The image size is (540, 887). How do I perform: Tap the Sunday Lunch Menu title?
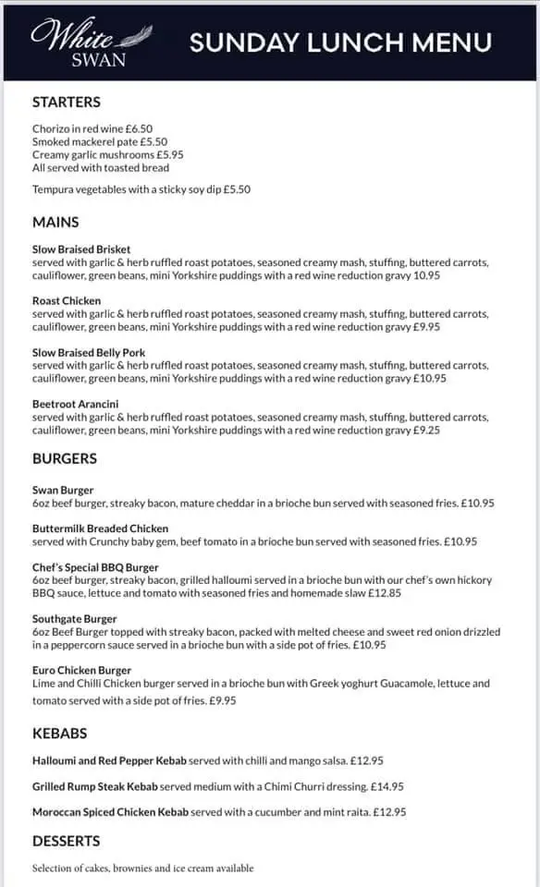pyautogui.click(x=339, y=43)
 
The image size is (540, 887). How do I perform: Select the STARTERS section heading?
pyautogui.click(x=67, y=103)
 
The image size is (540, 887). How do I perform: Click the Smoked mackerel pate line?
pyautogui.click(x=100, y=142)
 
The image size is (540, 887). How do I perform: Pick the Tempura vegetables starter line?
pyautogui.click(x=141, y=189)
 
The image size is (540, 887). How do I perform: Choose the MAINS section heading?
pyautogui.click(x=55, y=222)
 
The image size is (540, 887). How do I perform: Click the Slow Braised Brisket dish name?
pyautogui.click(x=81, y=249)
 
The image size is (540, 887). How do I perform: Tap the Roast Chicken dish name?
pyautogui.click(x=67, y=301)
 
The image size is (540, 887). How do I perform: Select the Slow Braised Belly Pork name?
pyautogui.click(x=89, y=353)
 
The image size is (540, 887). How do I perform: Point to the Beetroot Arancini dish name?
pyautogui.click(x=75, y=405)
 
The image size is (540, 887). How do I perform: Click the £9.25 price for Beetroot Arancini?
pyautogui.click(x=426, y=431)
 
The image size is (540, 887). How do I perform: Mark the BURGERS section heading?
pyautogui.click(x=65, y=458)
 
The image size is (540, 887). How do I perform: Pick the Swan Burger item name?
pyautogui.click(x=63, y=490)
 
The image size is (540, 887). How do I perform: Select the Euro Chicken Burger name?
pyautogui.click(x=81, y=671)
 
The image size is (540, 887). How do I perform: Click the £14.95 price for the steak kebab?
pyautogui.click(x=386, y=787)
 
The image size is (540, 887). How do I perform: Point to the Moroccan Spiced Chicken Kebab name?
pyautogui.click(x=110, y=812)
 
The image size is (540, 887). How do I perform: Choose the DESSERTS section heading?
pyautogui.click(x=67, y=842)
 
